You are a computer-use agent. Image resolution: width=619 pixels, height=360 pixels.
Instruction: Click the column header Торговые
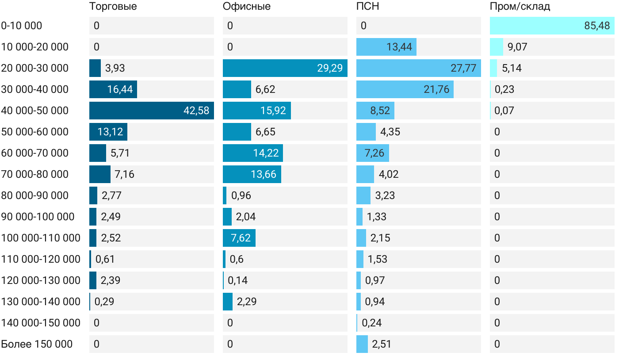[x=113, y=7]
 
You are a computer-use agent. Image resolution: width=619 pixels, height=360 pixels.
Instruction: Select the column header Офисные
[x=247, y=7]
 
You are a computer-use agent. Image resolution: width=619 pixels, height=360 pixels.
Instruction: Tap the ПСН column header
[x=367, y=7]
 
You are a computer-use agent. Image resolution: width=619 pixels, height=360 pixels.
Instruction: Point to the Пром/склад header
[x=520, y=7]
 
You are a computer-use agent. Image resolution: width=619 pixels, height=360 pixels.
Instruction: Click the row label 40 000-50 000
[x=35, y=111]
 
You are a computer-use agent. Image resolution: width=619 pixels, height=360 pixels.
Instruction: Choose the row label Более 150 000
[x=37, y=344]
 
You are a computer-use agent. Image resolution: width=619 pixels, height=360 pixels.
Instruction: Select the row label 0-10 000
[x=22, y=26]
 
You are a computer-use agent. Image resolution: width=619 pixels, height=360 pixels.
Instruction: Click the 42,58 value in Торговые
[x=196, y=111]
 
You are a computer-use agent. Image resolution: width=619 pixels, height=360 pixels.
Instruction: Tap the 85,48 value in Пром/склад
[x=597, y=26]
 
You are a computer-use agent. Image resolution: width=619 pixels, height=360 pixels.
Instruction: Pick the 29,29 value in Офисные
[x=330, y=68]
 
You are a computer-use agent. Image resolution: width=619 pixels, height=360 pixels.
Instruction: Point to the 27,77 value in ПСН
[x=463, y=68]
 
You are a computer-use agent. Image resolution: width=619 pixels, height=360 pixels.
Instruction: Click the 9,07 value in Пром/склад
[x=517, y=47]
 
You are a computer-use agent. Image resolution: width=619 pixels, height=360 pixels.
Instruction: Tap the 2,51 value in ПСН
[x=382, y=344]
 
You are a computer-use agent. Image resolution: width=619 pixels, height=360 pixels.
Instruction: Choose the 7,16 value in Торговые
[x=124, y=174]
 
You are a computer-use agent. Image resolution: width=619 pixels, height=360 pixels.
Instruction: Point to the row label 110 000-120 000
[x=41, y=259]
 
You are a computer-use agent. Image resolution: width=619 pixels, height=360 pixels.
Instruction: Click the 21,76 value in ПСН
[x=436, y=89]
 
